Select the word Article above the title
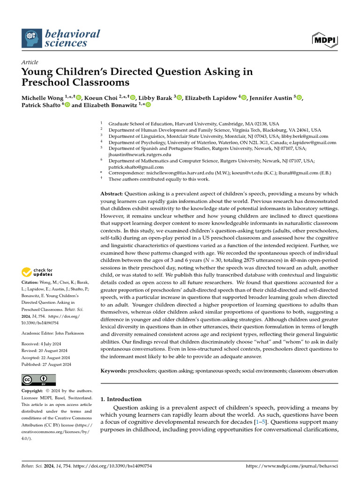pos(30,62)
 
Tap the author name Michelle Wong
pos(42,97)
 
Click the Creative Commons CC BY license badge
pos(39,380)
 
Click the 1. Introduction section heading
pos(121,399)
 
